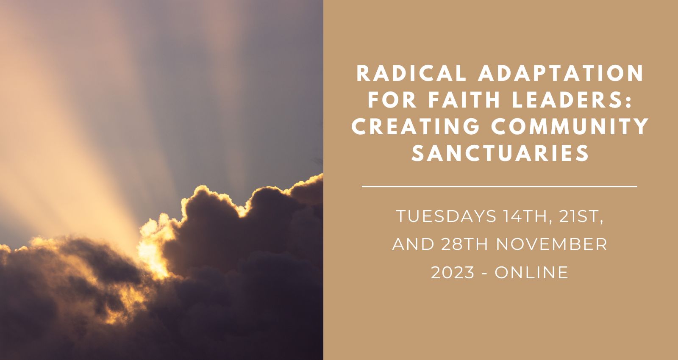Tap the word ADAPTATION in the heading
[561, 73]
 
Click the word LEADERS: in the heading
[572, 100]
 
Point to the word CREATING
[416, 126]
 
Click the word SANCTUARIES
[500, 152]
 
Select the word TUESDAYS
[447, 216]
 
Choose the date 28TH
[464, 244]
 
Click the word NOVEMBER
[551, 244]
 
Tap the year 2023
[453, 272]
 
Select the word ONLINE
[531, 272]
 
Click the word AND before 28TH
[414, 244]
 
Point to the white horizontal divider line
[500, 187]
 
